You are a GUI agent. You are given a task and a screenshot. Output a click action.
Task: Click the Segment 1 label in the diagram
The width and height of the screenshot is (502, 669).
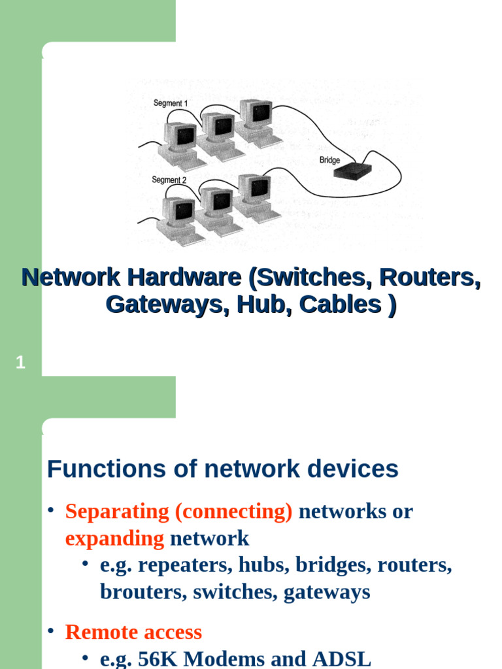[x=170, y=103]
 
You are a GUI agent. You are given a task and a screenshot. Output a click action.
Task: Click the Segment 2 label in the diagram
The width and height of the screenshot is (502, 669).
[x=169, y=180]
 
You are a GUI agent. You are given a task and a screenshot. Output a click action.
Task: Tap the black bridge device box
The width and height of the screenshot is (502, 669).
[x=352, y=171]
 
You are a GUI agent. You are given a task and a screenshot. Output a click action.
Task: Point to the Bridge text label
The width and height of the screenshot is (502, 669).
[x=329, y=160]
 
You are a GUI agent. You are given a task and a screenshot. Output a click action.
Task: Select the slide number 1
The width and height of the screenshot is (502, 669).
[x=20, y=363]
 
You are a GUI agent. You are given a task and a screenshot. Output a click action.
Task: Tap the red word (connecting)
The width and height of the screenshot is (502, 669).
[x=233, y=512]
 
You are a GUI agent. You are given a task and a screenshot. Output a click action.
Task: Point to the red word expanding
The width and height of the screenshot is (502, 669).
[x=114, y=539]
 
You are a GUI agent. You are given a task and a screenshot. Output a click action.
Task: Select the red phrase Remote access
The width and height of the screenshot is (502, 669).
[x=133, y=632]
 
